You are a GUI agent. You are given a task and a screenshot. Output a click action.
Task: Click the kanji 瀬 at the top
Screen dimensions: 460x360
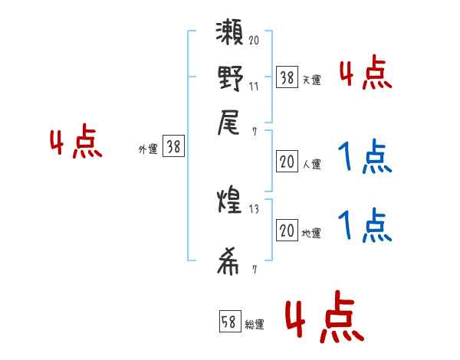(230, 37)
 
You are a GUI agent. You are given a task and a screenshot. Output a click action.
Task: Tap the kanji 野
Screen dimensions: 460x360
(230, 80)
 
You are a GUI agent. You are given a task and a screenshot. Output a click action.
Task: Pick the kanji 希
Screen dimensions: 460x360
(230, 262)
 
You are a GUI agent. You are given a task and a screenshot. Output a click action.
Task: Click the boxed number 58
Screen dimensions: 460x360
(230, 322)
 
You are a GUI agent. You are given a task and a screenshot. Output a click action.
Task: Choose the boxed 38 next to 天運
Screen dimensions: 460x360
(287, 77)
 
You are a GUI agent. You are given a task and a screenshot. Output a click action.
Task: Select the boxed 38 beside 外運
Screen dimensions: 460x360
(173, 148)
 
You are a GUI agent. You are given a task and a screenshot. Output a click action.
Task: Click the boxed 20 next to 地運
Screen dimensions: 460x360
(287, 231)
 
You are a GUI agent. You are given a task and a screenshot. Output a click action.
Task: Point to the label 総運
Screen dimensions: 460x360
(255, 325)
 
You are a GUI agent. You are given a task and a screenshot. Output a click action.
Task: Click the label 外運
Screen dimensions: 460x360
(148, 150)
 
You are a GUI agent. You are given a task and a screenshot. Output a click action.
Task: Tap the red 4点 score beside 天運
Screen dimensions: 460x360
(365, 74)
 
